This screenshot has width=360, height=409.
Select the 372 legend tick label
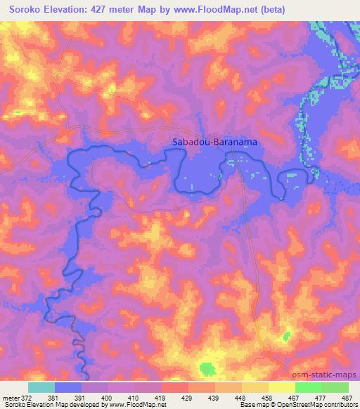pos(26,398)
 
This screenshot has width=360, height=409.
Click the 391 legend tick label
pos(82,398)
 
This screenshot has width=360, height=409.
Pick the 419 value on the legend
pos(161,398)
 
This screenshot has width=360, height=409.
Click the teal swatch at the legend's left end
pos(41,387)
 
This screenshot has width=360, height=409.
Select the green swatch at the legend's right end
pos(335,387)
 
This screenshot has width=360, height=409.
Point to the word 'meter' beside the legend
pos(11,398)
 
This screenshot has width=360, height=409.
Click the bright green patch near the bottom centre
pos(207,368)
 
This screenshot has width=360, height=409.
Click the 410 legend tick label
pos(135,398)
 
